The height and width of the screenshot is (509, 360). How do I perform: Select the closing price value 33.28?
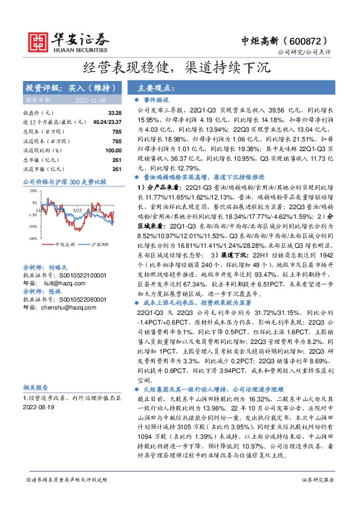pos(115,113)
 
